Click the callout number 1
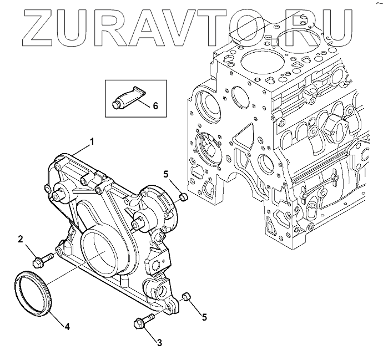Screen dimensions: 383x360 click(x=92, y=141)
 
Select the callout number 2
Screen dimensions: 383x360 click(x=21, y=239)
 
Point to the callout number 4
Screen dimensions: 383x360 click(x=67, y=327)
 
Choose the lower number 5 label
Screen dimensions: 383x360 click(x=204, y=317)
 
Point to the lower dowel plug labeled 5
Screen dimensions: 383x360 click(x=188, y=299)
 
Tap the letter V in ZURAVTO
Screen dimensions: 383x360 click(x=197, y=25)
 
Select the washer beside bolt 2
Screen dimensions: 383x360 click(x=59, y=252)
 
